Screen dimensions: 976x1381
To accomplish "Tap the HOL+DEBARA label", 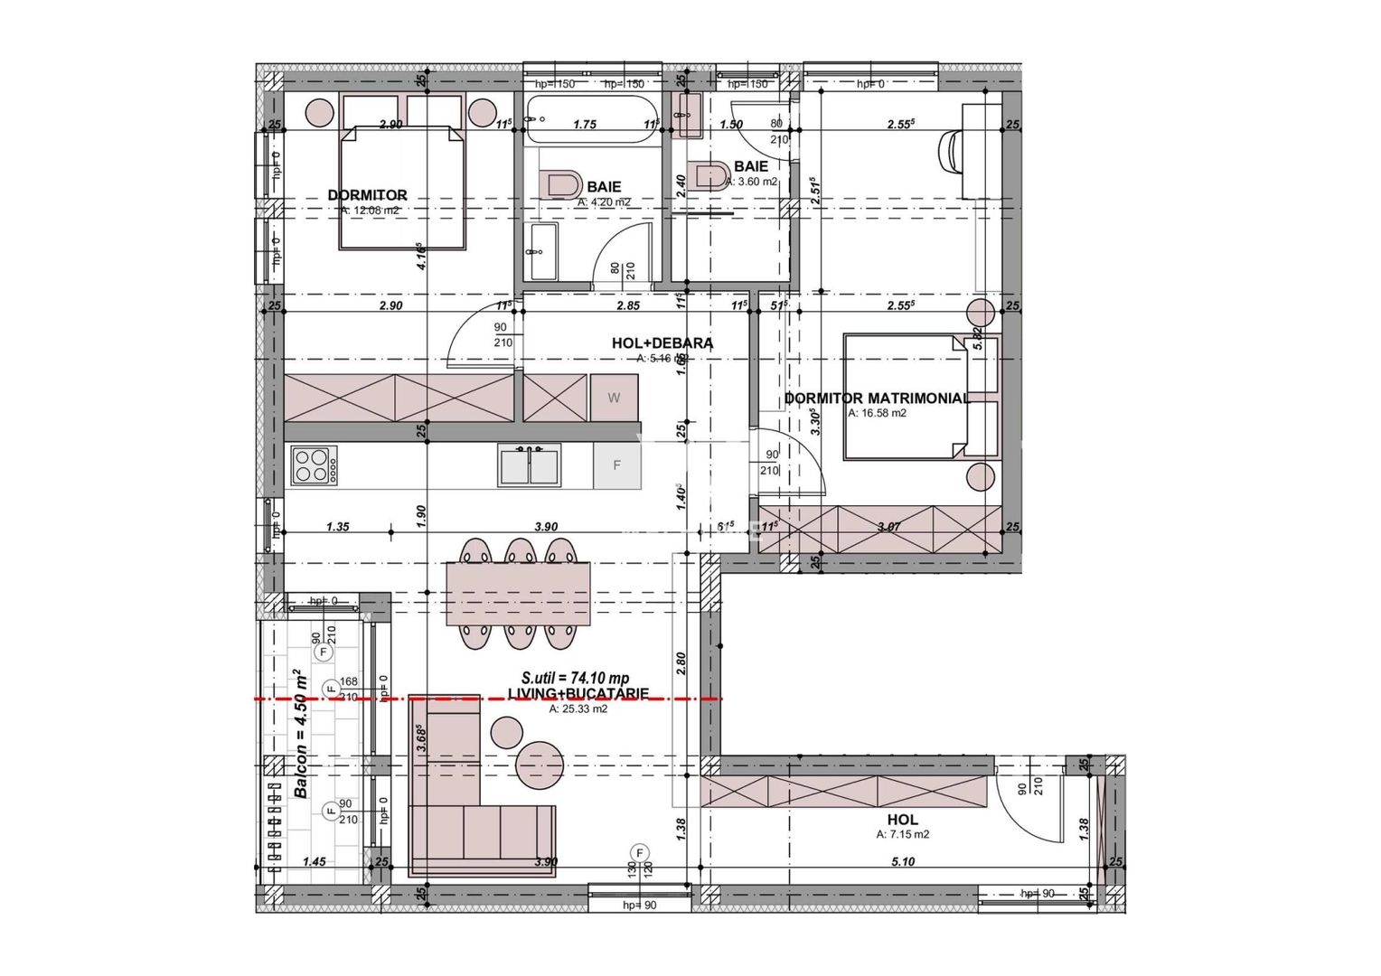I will coord(662,343).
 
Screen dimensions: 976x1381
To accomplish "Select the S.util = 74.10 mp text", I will coord(575,678).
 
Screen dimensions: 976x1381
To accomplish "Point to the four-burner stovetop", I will coord(314,465).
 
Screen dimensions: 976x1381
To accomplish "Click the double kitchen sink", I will coord(530,465).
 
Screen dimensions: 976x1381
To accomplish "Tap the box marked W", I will coord(614,398).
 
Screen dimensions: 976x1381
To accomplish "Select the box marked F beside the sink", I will coord(616,465).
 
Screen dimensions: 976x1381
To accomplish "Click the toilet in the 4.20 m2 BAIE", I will coord(560,184).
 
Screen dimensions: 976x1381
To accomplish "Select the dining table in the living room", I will coord(518,594).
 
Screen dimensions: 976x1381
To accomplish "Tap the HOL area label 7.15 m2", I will coord(902,835).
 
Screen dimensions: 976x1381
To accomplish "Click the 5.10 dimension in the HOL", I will coord(902,861).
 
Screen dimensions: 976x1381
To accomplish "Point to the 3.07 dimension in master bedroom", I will coord(889,526).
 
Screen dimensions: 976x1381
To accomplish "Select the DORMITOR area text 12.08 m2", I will coord(370,210).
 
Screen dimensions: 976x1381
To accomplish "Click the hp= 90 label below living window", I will coord(639,905).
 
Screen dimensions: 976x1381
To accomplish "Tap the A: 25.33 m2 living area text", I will coord(578,709).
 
